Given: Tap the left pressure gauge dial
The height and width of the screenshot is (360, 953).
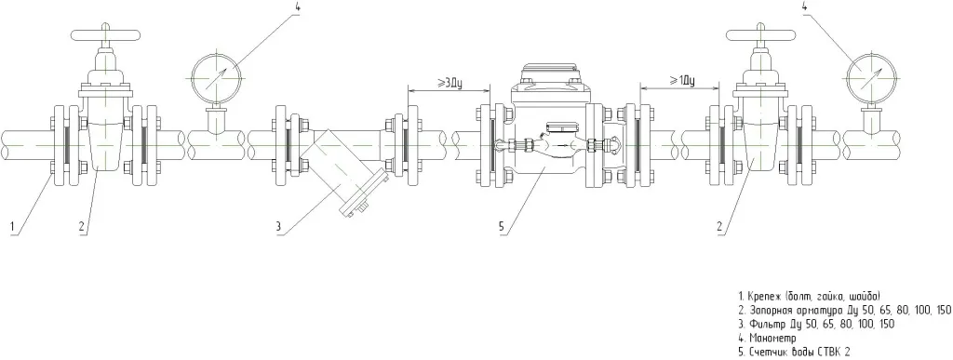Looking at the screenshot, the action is pos(216,77).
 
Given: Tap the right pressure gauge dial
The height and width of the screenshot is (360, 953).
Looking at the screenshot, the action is pos(871,77).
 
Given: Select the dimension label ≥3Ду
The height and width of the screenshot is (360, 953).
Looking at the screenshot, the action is pos(450,83).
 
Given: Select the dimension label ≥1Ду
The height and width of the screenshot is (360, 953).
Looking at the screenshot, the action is pos(682,81).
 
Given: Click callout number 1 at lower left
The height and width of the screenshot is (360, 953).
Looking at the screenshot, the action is pos(11,228).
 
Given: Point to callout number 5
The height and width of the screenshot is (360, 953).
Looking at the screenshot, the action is pos(502,228).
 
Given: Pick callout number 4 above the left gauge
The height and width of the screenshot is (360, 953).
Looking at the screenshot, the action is pos(296,7).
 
